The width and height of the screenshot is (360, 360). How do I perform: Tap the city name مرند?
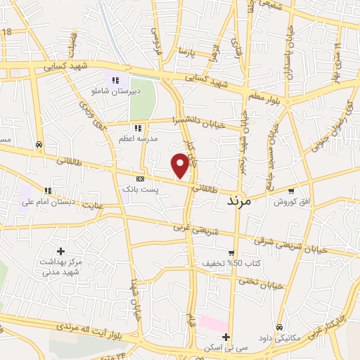tap(244, 200)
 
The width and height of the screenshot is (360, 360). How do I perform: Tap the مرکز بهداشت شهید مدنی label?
tap(60, 266)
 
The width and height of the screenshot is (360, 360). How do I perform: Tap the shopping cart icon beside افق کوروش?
tap(290, 191)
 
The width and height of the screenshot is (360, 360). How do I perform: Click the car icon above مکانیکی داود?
tap(279, 328)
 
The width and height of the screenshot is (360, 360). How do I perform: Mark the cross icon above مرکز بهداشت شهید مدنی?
tap(60, 251)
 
